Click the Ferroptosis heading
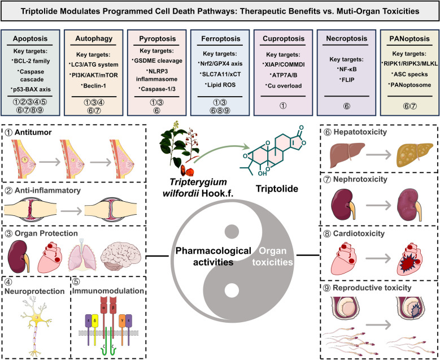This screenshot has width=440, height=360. [x=220, y=39]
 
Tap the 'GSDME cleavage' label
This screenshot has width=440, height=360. [x=157, y=60]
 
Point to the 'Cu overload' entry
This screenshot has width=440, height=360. [x=284, y=86]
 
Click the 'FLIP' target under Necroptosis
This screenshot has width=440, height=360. [x=347, y=80]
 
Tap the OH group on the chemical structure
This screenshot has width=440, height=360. [x=263, y=174]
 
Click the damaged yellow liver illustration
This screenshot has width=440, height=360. [x=415, y=155]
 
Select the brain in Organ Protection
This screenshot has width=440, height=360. [x=121, y=256]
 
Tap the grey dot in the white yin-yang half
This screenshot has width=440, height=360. [x=232, y=232]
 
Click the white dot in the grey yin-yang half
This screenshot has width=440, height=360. [x=232, y=290]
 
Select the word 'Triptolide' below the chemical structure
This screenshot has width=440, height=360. [x=277, y=189]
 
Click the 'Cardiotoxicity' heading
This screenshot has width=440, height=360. [x=359, y=233]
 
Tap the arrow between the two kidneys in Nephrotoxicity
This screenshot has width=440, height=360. [x=378, y=205]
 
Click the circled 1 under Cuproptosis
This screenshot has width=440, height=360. [x=283, y=106]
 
